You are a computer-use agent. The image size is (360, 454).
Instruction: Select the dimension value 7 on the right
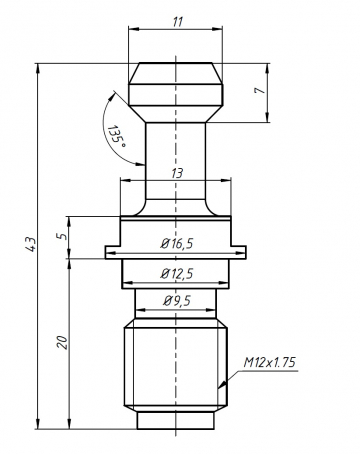pyautogui.click(x=258, y=93)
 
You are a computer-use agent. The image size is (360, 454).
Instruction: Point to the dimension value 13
pyautogui.click(x=176, y=173)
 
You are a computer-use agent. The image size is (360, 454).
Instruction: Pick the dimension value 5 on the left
pyautogui.click(x=61, y=236)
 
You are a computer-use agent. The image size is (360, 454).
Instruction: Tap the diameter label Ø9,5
pyautogui.click(x=176, y=298)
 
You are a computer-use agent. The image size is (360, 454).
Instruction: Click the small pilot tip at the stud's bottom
pyautogui.click(x=176, y=417)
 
